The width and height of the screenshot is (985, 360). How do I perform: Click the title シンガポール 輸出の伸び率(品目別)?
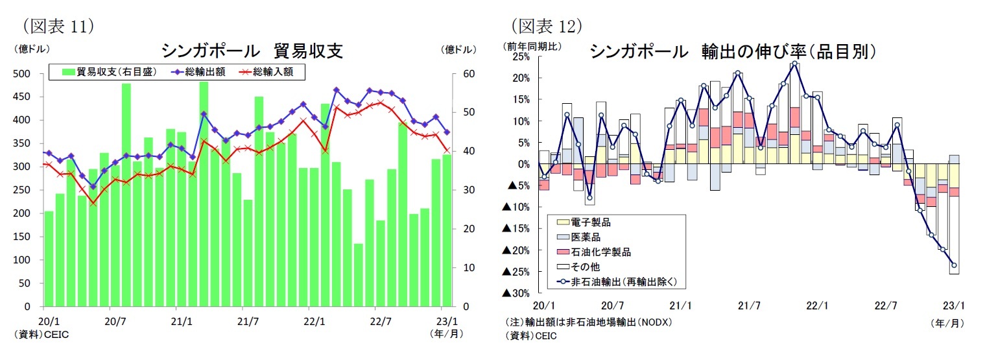click(733, 52)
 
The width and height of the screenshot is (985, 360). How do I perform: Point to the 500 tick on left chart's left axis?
click(22, 74)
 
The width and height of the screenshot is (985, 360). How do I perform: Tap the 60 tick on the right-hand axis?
click(464, 74)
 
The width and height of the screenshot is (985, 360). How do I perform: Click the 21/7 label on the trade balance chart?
click(248, 320)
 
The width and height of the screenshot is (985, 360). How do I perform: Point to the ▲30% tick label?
click(517, 293)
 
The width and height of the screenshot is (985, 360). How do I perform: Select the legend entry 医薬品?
click(586, 237)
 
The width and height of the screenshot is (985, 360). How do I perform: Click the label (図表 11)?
click(59, 26)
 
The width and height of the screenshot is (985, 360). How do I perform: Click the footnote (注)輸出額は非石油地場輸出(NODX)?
click(588, 322)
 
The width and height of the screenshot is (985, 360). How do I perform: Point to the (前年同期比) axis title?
click(532, 46)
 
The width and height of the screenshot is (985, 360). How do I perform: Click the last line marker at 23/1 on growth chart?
click(954, 265)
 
